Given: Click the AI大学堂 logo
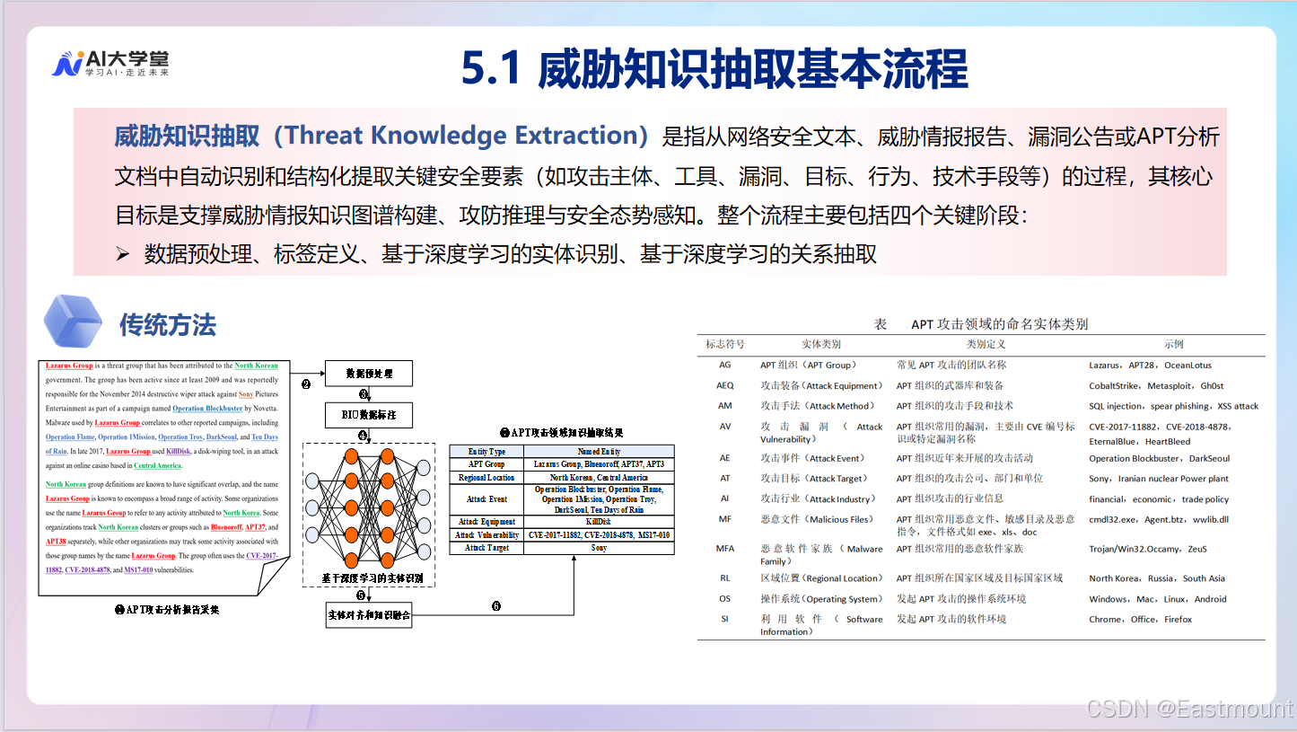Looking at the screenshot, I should click(110, 62).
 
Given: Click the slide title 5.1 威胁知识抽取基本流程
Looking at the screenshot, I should click(714, 69).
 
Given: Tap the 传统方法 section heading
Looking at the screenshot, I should click(168, 325).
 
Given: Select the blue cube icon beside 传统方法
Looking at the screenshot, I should click(72, 322).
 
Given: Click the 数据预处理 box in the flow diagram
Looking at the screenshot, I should click(368, 374).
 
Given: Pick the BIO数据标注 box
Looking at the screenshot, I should click(368, 416).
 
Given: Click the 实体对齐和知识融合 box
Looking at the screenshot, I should click(368, 614).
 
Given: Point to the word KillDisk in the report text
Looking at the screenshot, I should click(180, 452).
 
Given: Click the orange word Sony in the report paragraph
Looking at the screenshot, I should click(245, 394).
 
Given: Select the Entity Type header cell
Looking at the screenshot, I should click(486, 451).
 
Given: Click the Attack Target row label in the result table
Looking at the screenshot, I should click(486, 547).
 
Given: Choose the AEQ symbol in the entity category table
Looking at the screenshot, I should click(724, 385).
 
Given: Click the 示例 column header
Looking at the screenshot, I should click(1174, 344).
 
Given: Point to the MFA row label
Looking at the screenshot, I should click(724, 549).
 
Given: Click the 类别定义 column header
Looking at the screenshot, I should click(986, 344).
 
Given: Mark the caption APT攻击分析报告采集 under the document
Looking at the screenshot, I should click(167, 609).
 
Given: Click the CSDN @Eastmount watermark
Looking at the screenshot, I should click(1189, 709).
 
